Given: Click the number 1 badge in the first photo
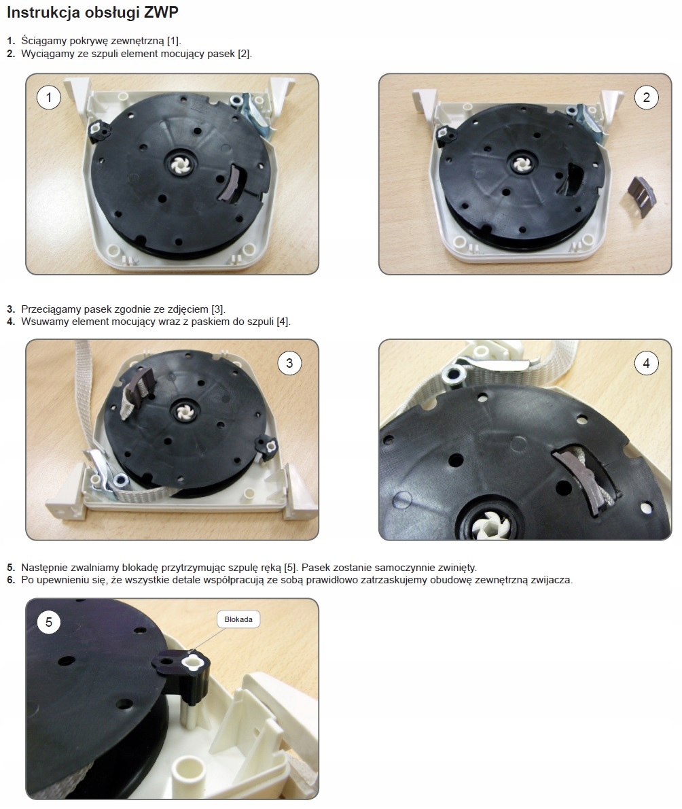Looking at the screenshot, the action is click(49, 97).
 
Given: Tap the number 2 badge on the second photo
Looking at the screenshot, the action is click(647, 97).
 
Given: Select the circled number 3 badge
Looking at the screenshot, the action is click(289, 363).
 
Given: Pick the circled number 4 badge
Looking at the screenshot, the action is click(647, 363).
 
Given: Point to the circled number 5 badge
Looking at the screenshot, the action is click(49, 622).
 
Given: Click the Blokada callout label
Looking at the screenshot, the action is click(238, 619).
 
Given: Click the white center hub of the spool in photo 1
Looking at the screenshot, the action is click(181, 166).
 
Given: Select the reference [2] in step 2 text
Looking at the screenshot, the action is click(243, 54).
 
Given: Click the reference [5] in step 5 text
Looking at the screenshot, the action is click(290, 568).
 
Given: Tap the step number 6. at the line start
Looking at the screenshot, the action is click(11, 580).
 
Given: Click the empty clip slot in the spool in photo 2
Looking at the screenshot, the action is click(573, 181).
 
